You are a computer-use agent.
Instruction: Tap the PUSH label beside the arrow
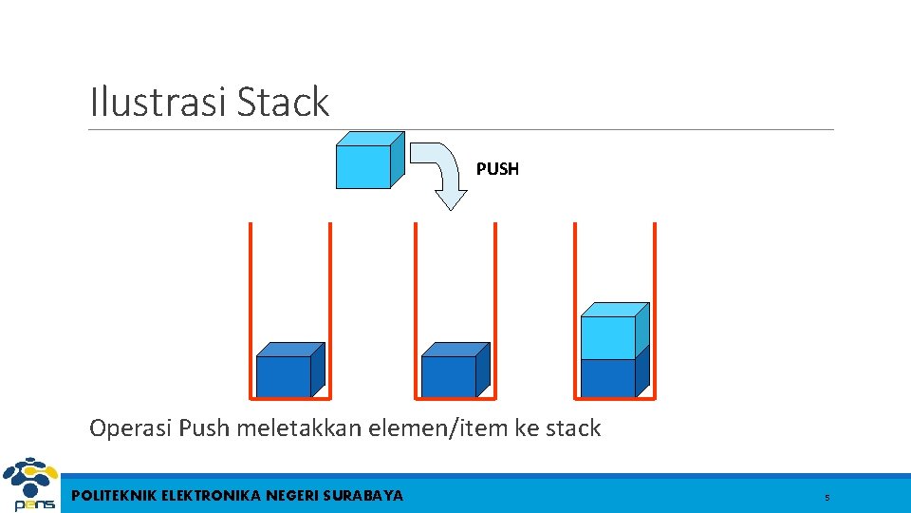coord(497,169)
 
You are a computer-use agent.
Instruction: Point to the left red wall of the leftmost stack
coord(251,309)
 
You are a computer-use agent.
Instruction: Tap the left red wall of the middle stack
coord(416,309)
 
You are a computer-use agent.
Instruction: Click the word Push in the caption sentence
coord(204,428)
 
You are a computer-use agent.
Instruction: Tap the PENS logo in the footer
coord(29,485)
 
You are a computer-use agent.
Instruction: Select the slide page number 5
coord(827,498)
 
